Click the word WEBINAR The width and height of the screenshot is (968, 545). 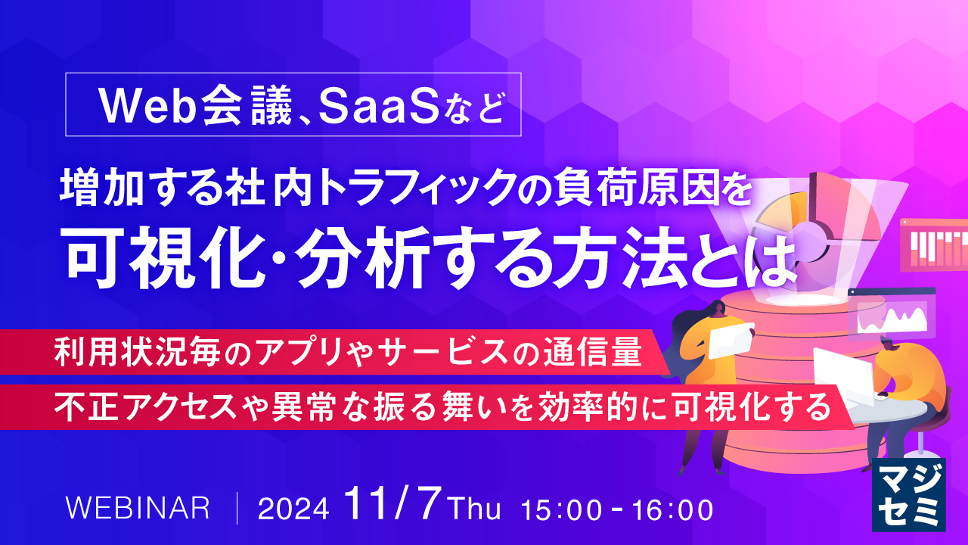click(138, 508)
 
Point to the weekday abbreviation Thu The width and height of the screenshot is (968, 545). click(474, 509)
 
